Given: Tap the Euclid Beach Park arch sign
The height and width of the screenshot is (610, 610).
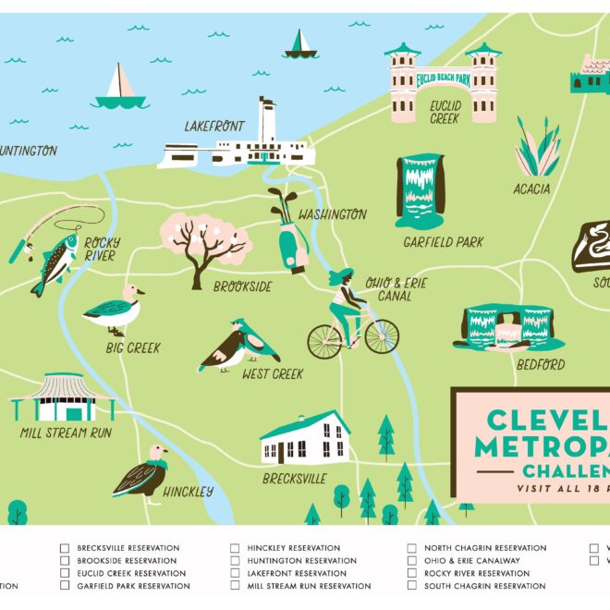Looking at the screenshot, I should pos(444,79).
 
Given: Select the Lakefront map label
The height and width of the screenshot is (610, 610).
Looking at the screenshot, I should pos(215,127).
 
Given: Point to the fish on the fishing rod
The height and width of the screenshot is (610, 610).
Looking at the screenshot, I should pos(55,263).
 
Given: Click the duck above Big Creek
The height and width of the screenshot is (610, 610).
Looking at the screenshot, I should pos(115,309).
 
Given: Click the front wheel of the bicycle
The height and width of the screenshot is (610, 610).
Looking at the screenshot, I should pos(382,336).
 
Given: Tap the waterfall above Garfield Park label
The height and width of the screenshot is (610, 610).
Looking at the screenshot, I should pos(420,190).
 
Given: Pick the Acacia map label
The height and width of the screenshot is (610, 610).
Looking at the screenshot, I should pos(531,189).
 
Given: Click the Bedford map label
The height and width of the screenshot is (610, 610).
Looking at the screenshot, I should pos(541,365).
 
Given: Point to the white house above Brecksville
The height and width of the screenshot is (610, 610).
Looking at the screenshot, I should pos(305,438).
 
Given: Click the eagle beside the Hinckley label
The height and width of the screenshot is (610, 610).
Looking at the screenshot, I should pos(144,471).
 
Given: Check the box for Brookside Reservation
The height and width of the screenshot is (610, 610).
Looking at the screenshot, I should pos(65,561).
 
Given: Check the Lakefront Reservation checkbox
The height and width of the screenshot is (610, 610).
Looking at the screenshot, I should pos(235,573).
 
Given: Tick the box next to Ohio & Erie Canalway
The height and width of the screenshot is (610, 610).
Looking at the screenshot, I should pos(412,561).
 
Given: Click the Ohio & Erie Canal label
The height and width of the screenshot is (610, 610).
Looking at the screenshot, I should pos(396,289).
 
